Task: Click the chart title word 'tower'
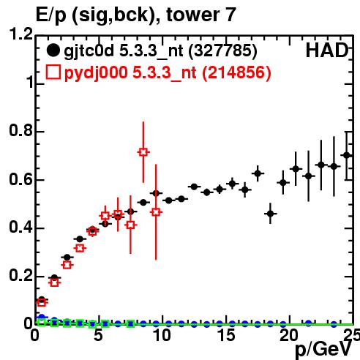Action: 192,15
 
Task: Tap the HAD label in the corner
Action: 327,50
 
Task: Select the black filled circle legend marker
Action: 53,50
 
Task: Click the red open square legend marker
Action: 53,72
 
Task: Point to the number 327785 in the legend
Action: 223,50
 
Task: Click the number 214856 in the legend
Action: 236,72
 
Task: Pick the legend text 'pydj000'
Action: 96,73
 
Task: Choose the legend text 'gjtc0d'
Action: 89,51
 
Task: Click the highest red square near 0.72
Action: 143,152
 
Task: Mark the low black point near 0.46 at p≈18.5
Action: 270,214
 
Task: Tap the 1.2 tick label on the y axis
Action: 20,34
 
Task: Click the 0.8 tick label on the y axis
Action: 20,130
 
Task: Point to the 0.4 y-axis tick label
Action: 20,227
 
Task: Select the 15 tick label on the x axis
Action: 226,335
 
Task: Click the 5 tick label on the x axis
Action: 98,335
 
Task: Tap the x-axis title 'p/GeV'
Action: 323,350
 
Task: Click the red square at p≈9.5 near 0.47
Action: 156,212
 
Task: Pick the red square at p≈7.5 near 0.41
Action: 131,225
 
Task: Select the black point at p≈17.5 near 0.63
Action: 258,173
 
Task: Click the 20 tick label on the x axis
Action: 289,335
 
